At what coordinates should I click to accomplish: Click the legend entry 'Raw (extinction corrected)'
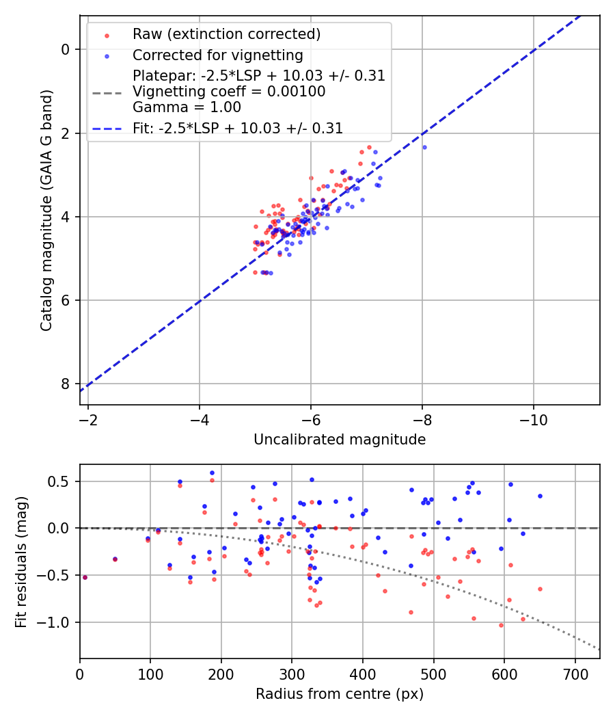[x=226, y=34]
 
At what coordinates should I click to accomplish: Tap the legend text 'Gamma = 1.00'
[x=187, y=107]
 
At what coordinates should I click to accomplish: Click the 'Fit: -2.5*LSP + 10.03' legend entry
[x=238, y=128]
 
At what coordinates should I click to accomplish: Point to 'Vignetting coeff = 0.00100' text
[x=229, y=91]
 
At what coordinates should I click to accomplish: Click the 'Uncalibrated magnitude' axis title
[x=340, y=440]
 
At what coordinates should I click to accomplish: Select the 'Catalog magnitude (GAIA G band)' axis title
[x=46, y=210]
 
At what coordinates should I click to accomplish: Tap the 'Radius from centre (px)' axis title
[x=340, y=694]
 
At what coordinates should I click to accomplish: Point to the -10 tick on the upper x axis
[x=533, y=419]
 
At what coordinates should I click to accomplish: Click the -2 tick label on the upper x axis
[x=88, y=419]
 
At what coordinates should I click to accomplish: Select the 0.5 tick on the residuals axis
[x=60, y=481]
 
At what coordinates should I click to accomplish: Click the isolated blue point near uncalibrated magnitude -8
[x=424, y=147]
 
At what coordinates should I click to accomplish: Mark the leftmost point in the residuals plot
[x=85, y=577]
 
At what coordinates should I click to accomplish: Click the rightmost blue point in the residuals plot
[x=540, y=496]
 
